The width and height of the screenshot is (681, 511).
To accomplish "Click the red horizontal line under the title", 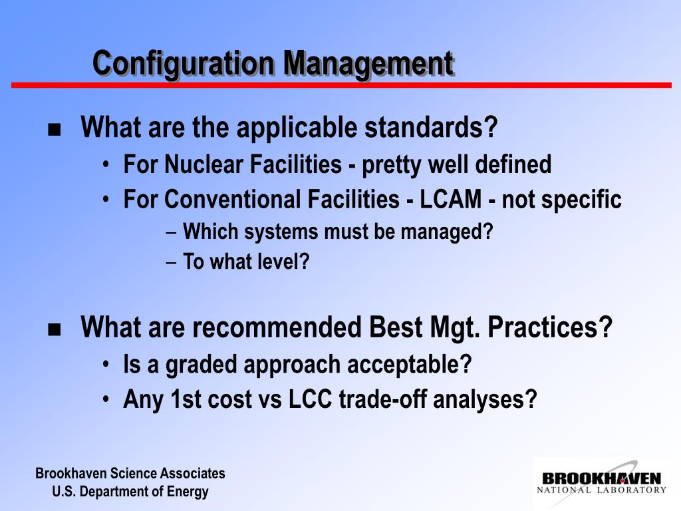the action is [x=341, y=85].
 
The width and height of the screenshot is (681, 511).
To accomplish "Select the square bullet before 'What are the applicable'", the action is [x=55, y=130].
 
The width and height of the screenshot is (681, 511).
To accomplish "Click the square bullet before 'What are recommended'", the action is [x=55, y=329].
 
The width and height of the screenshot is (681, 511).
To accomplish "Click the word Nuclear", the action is [x=204, y=165].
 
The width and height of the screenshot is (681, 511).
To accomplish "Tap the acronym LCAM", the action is [x=450, y=200].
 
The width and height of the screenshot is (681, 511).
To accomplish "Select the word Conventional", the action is [x=232, y=200].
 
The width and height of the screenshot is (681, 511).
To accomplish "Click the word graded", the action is [x=201, y=365].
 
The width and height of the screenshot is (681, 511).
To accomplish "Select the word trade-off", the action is [x=382, y=399].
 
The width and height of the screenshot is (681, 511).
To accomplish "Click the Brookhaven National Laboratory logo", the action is [x=601, y=482].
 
